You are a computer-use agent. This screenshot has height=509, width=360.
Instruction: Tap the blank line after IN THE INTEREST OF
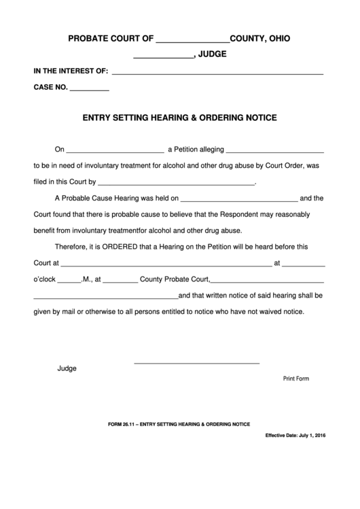[217, 71]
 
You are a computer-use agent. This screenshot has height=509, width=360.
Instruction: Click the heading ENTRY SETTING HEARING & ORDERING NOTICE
[179, 118]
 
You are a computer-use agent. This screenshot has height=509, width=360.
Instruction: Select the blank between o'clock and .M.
[69, 280]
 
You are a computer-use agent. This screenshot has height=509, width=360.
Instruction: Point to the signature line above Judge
[196, 362]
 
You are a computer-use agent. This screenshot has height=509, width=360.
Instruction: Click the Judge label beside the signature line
[67, 369]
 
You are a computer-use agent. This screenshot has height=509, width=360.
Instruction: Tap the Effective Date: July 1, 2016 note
[295, 435]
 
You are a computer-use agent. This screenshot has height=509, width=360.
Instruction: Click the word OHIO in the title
[276, 39]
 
